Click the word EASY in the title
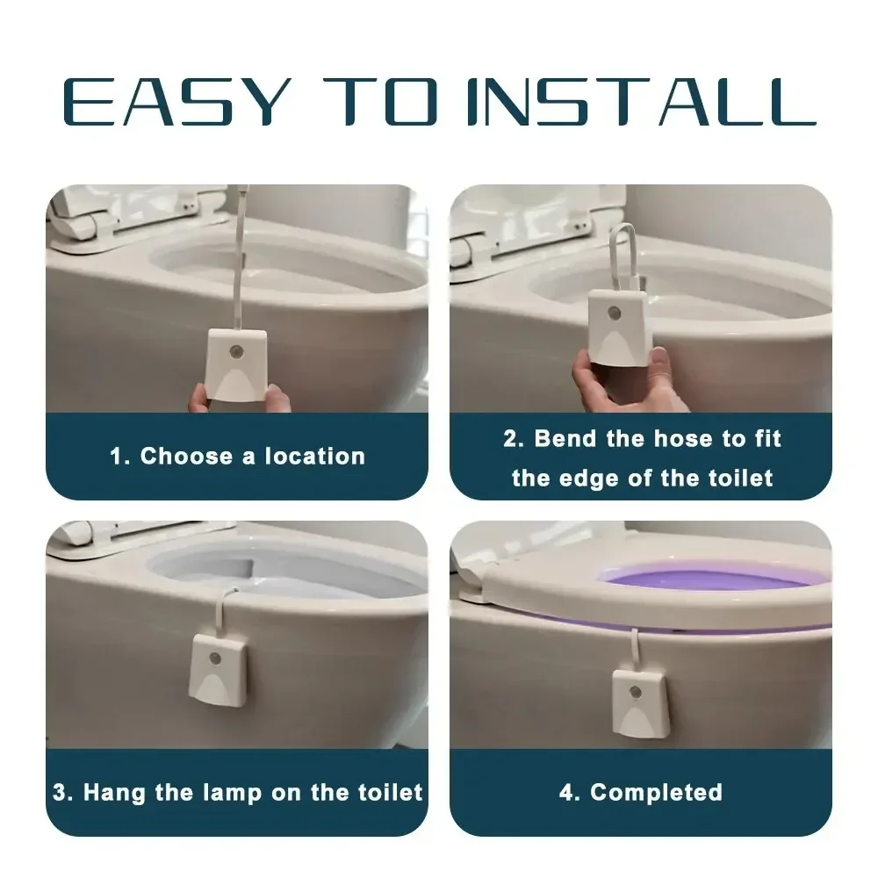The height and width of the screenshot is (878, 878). tap(176, 103)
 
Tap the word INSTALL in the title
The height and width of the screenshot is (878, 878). tap(640, 103)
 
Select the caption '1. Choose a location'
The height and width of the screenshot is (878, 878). tap(237, 457)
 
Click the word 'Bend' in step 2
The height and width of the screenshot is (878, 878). tap(566, 438)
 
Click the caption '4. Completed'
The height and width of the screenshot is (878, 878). tap(641, 792)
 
